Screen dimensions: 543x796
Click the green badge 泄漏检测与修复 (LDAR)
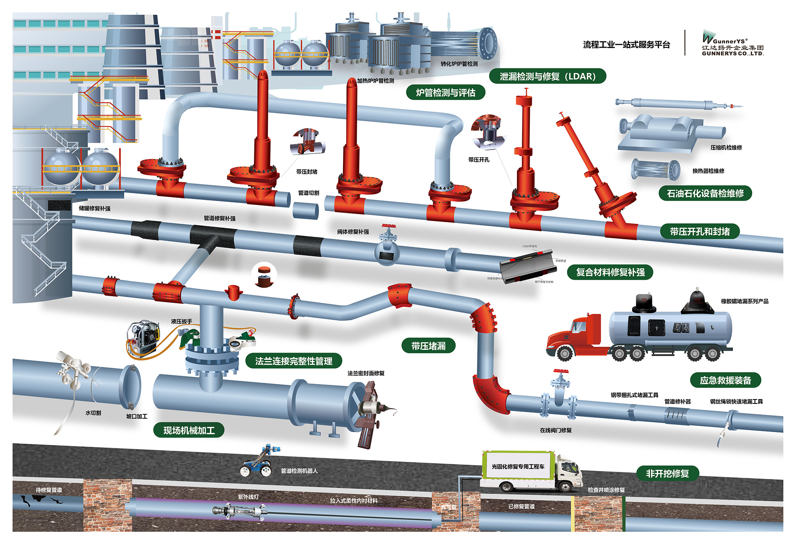(x=547, y=76)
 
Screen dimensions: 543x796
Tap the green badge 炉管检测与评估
(x=445, y=93)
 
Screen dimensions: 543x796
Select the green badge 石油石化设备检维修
(x=705, y=194)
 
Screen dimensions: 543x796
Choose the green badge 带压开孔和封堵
(x=700, y=231)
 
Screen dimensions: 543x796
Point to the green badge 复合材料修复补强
(x=610, y=272)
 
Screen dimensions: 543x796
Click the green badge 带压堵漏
(x=428, y=346)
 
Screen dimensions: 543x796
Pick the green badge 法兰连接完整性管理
(x=294, y=361)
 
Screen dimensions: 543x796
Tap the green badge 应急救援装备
(x=725, y=380)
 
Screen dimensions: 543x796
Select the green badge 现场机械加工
(x=189, y=430)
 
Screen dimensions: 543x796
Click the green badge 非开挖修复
(x=667, y=473)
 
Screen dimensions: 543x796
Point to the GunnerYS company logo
(x=732, y=43)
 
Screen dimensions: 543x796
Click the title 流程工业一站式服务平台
(x=626, y=45)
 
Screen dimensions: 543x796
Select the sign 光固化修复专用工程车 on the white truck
(x=518, y=466)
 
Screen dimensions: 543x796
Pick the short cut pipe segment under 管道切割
(x=306, y=210)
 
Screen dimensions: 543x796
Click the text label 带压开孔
(x=479, y=160)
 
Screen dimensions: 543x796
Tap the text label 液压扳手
(x=181, y=321)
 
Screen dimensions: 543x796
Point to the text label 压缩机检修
(x=726, y=147)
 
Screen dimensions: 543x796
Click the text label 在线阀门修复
(x=556, y=430)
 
